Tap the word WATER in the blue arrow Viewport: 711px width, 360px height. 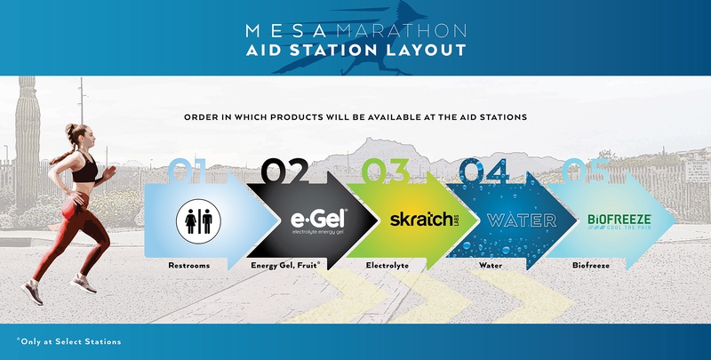coord(520,220)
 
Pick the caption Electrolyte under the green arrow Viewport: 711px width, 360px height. coord(388,265)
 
